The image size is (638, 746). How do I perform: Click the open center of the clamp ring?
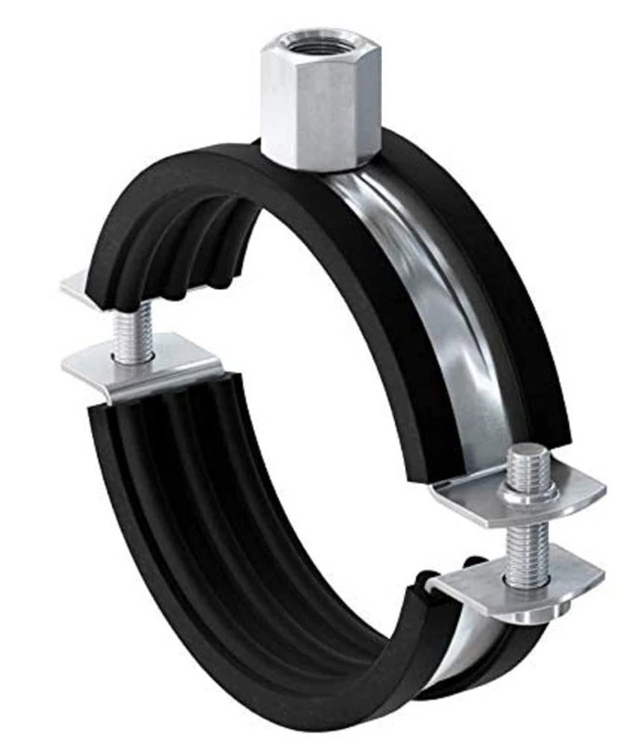pyautogui.click(x=307, y=373)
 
